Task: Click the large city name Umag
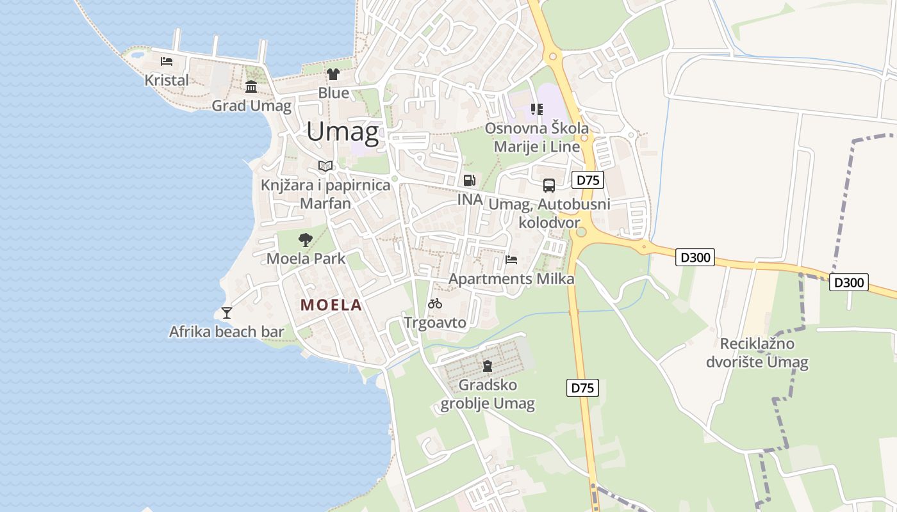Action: (x=342, y=132)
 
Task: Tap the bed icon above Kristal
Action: (x=167, y=61)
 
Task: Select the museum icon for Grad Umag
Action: (x=251, y=87)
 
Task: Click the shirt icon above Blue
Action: (x=333, y=74)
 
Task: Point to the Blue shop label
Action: (x=334, y=93)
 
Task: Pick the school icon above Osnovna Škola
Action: (x=536, y=109)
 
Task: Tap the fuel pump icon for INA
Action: (x=470, y=180)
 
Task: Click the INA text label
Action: (x=470, y=200)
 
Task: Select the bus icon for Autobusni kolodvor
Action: (x=549, y=186)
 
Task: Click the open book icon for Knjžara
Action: (x=325, y=166)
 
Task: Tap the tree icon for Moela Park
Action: (x=306, y=240)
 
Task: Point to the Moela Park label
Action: (x=306, y=259)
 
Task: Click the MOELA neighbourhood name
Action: (x=331, y=305)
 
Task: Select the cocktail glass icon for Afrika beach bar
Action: (x=226, y=313)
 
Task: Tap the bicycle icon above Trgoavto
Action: (x=435, y=303)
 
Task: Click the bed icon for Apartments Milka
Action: (x=511, y=260)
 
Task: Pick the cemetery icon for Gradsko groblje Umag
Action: (x=488, y=366)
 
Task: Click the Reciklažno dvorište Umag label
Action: (x=757, y=353)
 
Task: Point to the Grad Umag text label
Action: (x=251, y=106)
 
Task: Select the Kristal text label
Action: (x=167, y=81)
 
